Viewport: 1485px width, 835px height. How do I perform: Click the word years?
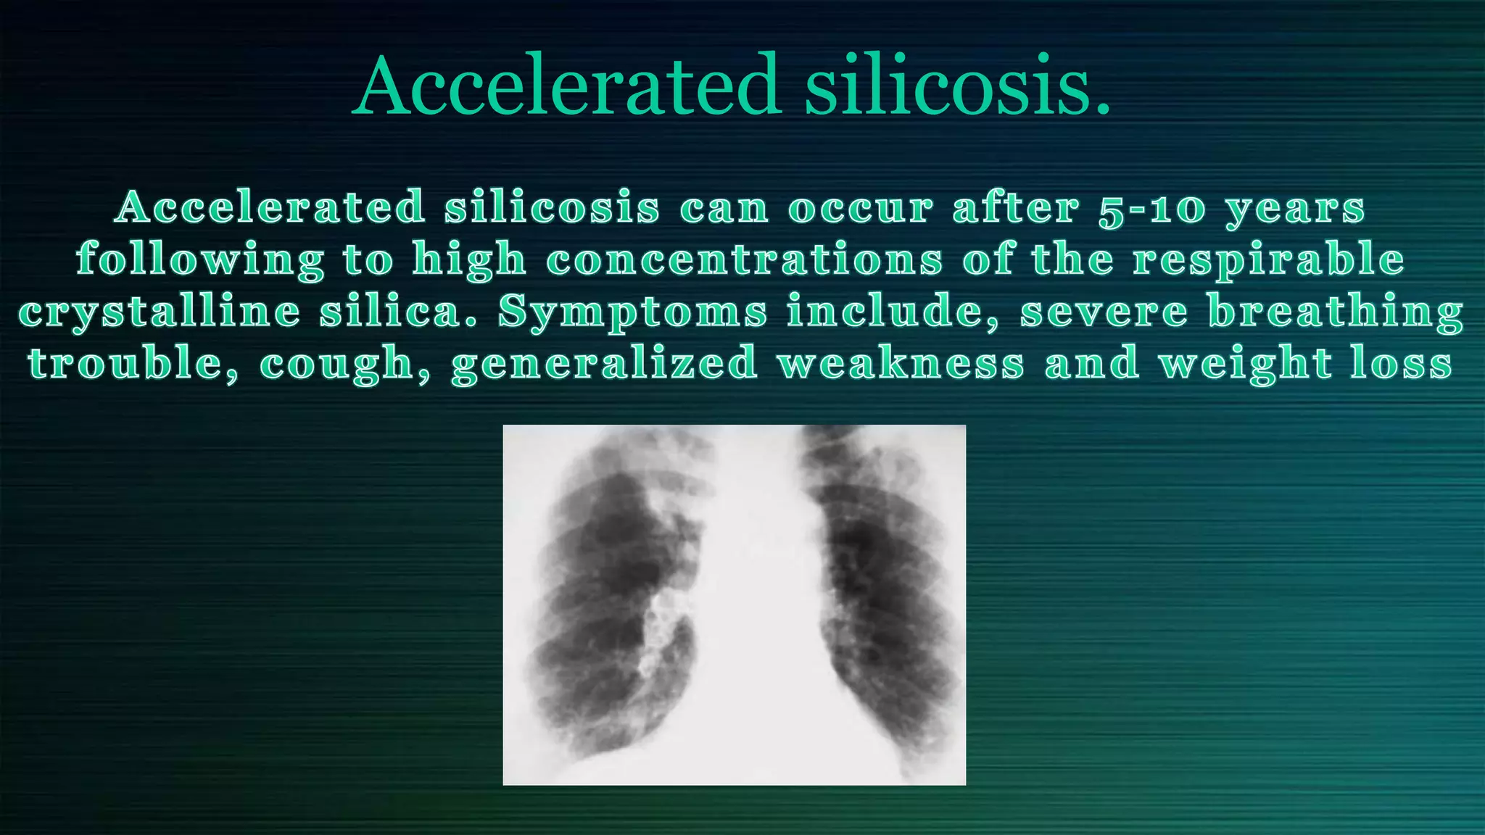(x=1295, y=208)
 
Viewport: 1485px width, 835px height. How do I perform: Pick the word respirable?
(x=1269, y=259)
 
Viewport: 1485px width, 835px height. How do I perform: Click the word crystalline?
(x=159, y=312)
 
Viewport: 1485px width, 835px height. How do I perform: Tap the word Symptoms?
(x=632, y=312)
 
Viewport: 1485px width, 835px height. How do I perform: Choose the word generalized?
(x=605, y=363)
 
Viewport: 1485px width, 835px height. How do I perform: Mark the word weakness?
(x=901, y=363)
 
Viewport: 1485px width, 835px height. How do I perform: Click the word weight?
(x=1245, y=363)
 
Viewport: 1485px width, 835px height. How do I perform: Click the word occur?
(x=861, y=208)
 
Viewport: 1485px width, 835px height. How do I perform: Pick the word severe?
(x=1104, y=312)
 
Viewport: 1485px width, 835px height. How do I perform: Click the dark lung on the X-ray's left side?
(x=609, y=594)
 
